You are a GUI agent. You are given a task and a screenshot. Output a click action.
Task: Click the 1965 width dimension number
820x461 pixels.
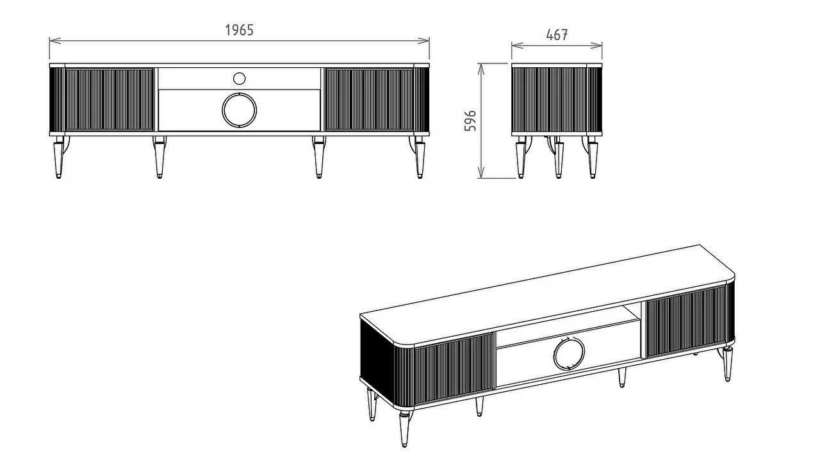tap(239, 30)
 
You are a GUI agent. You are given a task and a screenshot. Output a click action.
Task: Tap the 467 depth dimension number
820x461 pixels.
tap(557, 35)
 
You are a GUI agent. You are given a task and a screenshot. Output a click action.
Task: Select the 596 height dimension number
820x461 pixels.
tap(470, 120)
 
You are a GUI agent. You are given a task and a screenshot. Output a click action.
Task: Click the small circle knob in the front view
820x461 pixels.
tap(239, 78)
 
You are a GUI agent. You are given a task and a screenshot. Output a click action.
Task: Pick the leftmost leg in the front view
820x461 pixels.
tap(58, 158)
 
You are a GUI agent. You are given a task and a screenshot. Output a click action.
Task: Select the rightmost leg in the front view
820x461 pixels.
tap(420, 158)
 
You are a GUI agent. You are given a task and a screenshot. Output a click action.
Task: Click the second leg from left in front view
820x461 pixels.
tap(160, 158)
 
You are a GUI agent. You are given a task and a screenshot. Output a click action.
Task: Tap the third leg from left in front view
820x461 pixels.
tap(318, 158)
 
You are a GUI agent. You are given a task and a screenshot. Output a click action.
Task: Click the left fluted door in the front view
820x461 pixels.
tap(109, 99)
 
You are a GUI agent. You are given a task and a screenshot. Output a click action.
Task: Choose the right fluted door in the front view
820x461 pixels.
tap(370, 99)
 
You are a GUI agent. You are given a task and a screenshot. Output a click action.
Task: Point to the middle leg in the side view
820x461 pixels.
tap(557, 158)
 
